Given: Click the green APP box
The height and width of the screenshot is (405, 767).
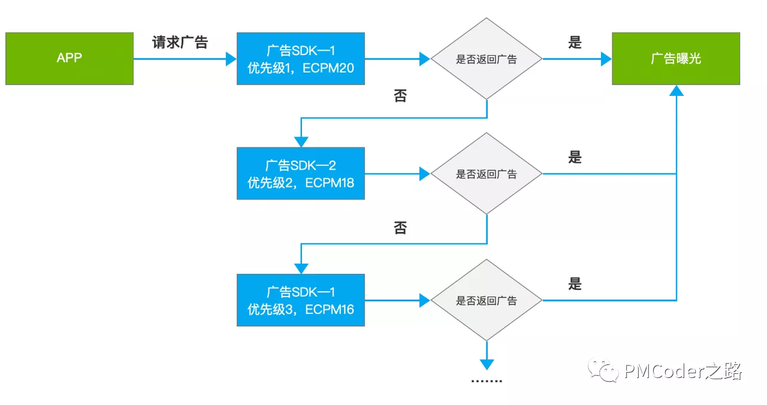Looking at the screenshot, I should pyautogui.click(x=69, y=59).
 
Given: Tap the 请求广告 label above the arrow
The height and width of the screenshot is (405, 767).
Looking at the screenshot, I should pyautogui.click(x=180, y=43).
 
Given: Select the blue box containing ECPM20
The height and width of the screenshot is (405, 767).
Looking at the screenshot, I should pyautogui.click(x=300, y=59).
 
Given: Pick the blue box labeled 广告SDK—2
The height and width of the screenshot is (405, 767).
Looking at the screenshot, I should pyautogui.click(x=300, y=174).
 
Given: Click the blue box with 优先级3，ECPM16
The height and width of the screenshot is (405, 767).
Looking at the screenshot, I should pyautogui.click(x=300, y=300).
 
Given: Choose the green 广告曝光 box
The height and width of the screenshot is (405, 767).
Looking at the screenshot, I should pyautogui.click(x=675, y=59).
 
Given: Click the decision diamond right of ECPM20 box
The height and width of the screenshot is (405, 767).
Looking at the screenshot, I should pyautogui.click(x=487, y=59).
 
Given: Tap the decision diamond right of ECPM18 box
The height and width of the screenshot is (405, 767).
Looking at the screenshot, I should pyautogui.click(x=487, y=174).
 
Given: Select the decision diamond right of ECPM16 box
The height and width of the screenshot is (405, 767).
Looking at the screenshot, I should pyautogui.click(x=487, y=300).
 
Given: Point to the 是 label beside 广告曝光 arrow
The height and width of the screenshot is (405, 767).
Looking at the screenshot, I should pyautogui.click(x=575, y=43).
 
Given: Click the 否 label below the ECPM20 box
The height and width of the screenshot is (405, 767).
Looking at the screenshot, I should pyautogui.click(x=400, y=96).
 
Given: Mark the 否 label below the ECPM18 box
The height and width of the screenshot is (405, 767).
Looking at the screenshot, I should pyautogui.click(x=400, y=228).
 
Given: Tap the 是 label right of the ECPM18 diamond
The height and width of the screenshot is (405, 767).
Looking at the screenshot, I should pyautogui.click(x=575, y=158).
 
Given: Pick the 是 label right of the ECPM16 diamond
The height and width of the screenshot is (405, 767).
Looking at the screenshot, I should pyautogui.click(x=575, y=284).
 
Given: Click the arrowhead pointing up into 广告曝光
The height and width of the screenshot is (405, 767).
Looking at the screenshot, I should pyautogui.click(x=676, y=90).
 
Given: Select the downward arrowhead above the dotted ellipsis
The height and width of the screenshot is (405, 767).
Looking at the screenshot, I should pyautogui.click(x=487, y=364).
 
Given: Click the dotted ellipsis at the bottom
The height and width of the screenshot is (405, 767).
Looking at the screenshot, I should pyautogui.click(x=487, y=382).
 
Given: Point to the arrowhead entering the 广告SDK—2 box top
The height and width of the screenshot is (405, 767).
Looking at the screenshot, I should pyautogui.click(x=300, y=142).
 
